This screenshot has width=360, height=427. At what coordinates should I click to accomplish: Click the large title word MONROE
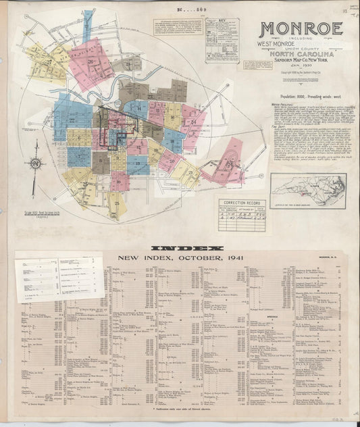301,29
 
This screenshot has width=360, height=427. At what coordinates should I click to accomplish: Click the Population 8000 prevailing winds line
301,97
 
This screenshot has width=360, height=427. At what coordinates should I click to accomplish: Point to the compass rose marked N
35,164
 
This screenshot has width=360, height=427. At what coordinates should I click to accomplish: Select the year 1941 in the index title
217,257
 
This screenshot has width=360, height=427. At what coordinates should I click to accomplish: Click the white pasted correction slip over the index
57,276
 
